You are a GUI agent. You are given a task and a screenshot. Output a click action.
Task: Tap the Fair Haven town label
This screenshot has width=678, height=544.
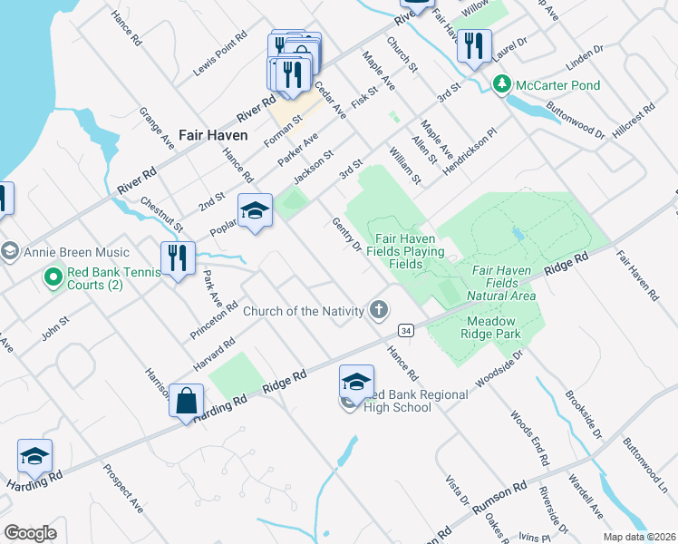pos(213,134)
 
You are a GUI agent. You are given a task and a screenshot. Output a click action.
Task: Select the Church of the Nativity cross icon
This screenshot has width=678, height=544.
pos(379,311)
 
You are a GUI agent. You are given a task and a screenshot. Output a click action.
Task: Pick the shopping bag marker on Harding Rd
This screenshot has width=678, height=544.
pos(186,401)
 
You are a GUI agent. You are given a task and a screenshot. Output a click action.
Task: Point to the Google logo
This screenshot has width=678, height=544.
pos(31,532)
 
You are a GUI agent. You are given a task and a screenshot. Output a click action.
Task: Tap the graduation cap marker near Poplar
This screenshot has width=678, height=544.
pos(256,211)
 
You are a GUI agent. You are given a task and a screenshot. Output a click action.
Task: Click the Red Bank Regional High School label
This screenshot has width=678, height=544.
pos(416,401)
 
